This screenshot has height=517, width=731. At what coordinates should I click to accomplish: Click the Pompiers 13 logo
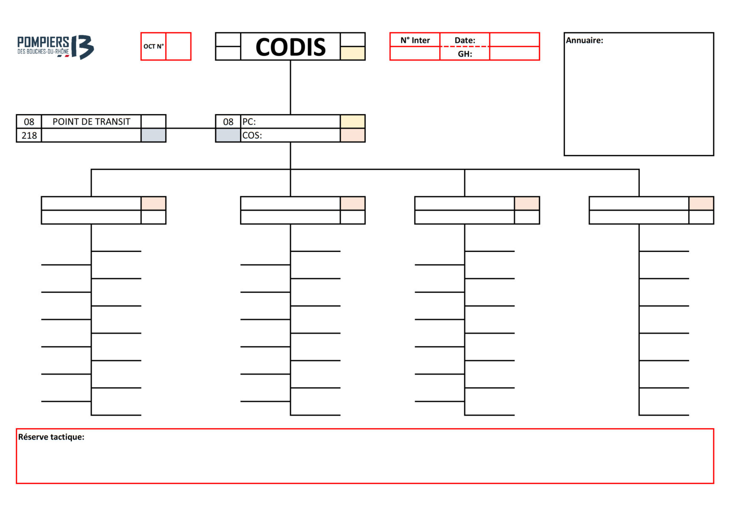pos(55,47)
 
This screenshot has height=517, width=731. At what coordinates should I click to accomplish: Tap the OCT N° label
pos(153,47)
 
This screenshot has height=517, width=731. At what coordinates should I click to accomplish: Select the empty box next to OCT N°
pos(178,47)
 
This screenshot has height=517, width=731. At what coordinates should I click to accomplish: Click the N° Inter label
pos(415,40)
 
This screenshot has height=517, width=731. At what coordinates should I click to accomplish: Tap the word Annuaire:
pos(584,40)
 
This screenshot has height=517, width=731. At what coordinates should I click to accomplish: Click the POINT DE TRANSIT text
pos(91,122)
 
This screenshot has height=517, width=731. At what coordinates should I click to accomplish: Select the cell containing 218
pos(29,135)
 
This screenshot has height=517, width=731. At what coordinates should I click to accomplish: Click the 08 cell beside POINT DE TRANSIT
pos(29,122)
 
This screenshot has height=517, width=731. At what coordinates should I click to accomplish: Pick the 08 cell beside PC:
pos(228,122)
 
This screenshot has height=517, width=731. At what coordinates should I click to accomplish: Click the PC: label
pos(249,122)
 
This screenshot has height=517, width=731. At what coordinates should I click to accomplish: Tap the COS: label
pos(252,135)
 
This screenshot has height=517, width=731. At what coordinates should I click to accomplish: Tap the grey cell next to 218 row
pos(153,135)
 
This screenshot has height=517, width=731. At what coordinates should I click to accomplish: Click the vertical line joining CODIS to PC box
pos(290,88)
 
